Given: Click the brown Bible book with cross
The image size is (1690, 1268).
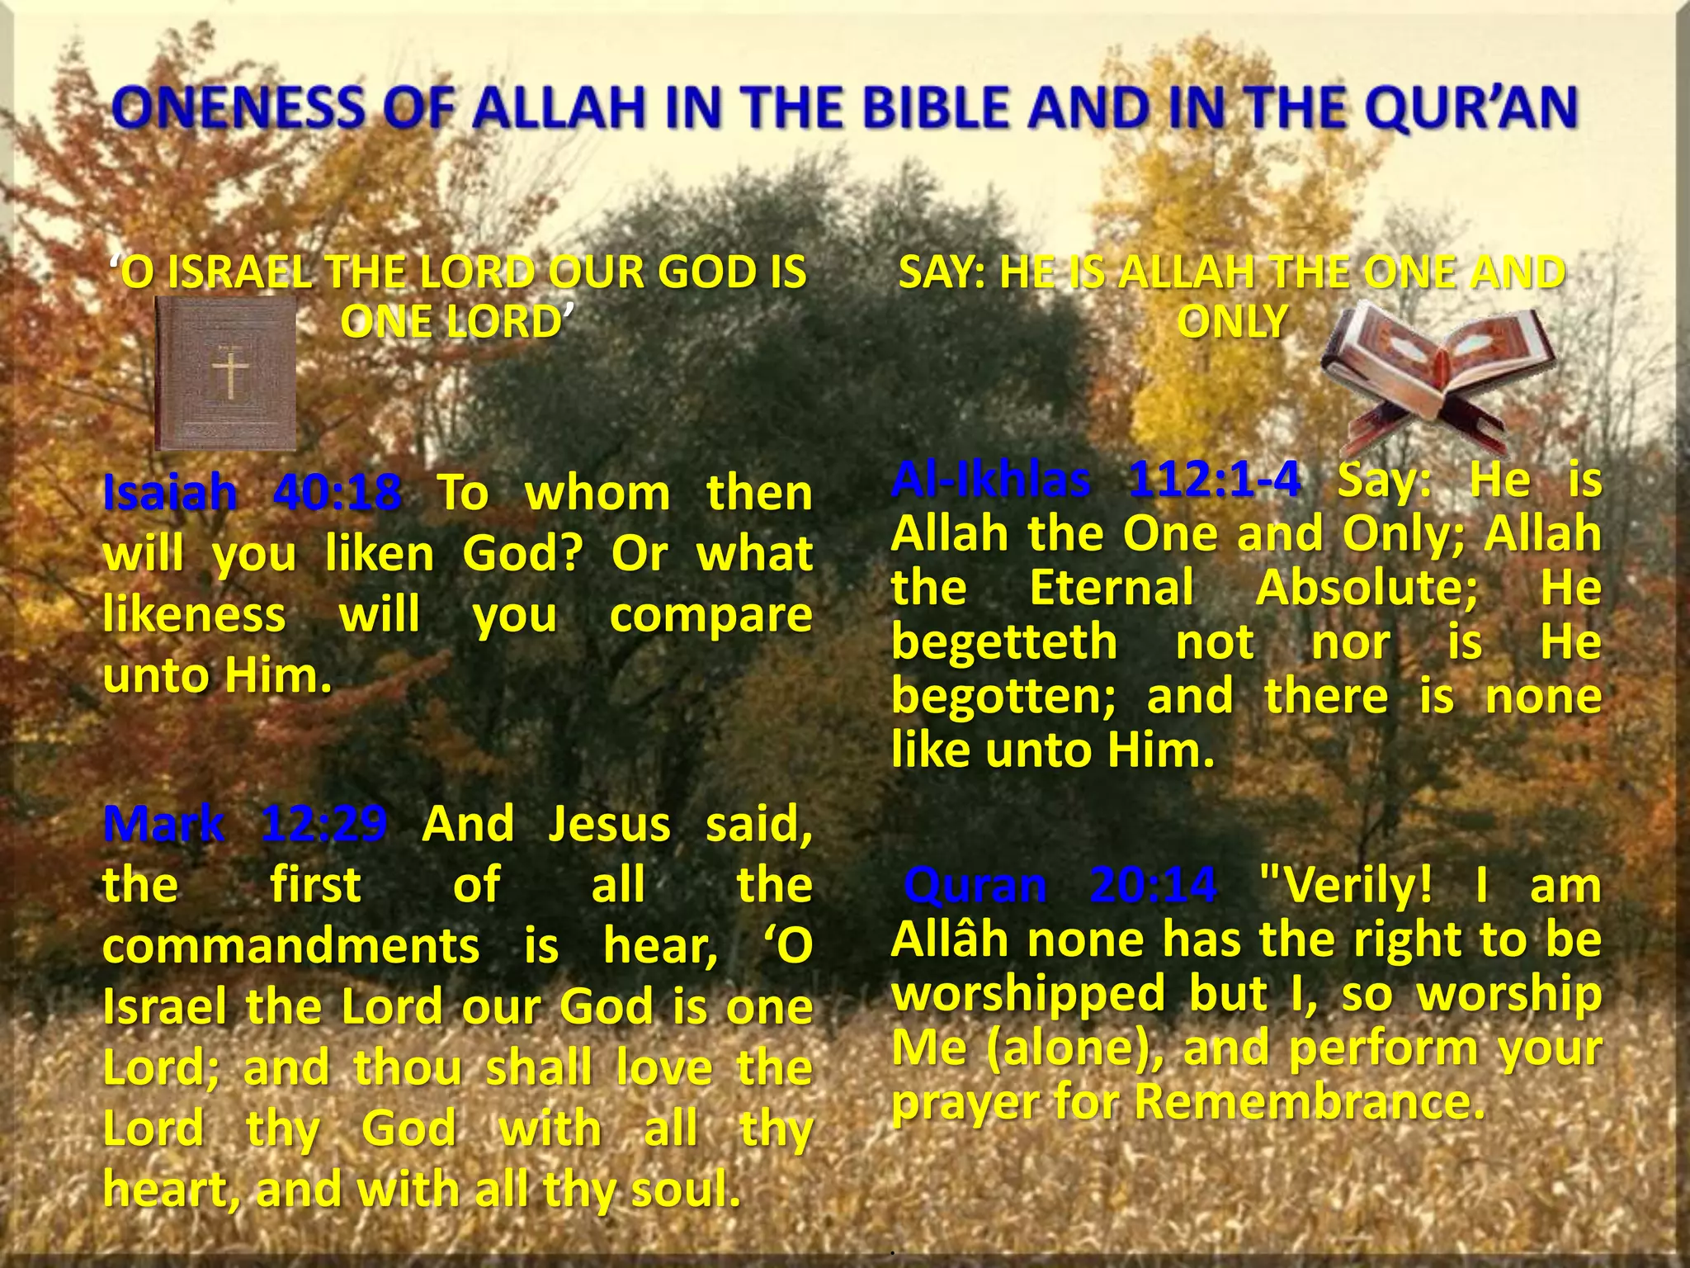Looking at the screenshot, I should (226, 373).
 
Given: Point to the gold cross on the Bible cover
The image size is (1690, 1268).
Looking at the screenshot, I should (230, 371).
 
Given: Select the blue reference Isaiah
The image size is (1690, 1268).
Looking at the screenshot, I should (170, 493).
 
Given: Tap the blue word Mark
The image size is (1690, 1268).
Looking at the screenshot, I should (163, 823).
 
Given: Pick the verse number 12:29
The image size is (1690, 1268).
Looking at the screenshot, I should (323, 823).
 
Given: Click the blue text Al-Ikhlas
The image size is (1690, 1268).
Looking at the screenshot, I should (990, 479).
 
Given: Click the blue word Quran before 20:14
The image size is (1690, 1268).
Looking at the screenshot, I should (975, 885).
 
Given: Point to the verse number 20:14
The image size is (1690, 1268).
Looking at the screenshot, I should (1153, 885).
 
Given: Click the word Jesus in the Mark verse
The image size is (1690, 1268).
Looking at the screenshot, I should (610, 823).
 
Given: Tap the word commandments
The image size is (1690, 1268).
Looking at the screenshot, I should (290, 945).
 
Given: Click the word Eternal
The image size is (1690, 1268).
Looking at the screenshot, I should (1112, 588).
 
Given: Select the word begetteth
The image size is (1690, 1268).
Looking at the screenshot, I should (1004, 642).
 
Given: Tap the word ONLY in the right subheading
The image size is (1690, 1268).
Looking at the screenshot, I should (1232, 322).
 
